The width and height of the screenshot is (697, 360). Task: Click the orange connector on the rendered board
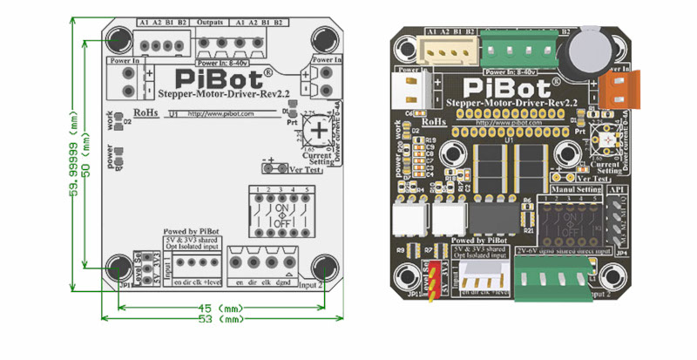pyautogui.click(x=613, y=88)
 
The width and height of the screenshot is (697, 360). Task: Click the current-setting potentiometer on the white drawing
pyautogui.click(x=320, y=131)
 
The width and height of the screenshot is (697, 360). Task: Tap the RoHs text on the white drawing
pyautogui.click(x=146, y=113)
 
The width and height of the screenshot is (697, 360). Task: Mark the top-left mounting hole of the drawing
pyautogui.click(x=118, y=39)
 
